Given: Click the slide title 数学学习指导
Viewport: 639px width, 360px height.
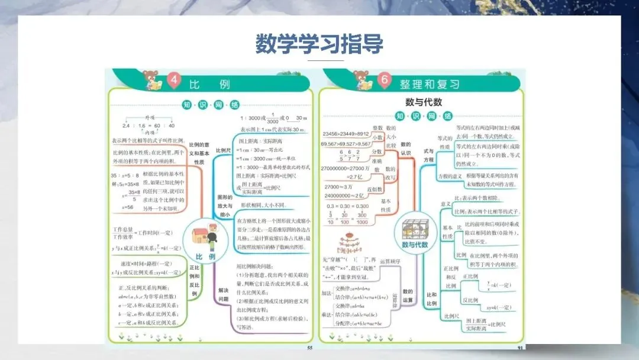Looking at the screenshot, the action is [319, 44].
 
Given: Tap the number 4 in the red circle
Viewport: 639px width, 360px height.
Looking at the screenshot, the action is [173, 82].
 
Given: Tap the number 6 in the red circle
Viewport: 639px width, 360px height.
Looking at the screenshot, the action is [385, 82].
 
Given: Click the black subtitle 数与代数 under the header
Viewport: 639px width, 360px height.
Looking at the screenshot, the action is [423, 102].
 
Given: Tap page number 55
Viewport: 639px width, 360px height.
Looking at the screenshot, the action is [309, 348].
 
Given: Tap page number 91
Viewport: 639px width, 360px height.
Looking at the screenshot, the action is [521, 348].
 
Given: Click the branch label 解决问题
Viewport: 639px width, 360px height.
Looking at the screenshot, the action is [223, 295].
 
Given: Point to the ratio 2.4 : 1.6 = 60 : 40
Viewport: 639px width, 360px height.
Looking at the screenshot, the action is [149, 126].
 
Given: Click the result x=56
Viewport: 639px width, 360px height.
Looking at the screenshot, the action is [127, 207].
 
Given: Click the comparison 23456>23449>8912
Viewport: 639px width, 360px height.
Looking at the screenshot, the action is [346, 134].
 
